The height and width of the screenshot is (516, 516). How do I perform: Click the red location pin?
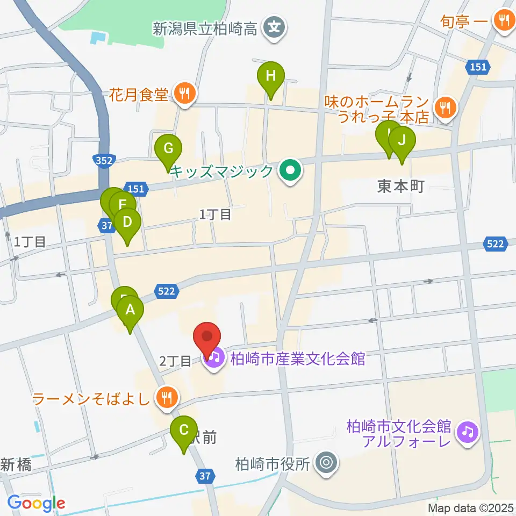(x=207, y=339)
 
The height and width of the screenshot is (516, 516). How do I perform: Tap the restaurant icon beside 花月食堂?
(x=184, y=95)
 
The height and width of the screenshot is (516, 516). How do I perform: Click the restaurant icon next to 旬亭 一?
(x=503, y=22)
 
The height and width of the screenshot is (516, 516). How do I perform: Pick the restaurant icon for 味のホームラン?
(x=445, y=108)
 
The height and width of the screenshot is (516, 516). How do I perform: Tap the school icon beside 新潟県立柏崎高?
(x=275, y=25)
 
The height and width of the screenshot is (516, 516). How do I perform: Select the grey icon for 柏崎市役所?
(x=325, y=463)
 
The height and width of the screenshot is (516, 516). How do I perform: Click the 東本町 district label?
(x=401, y=187)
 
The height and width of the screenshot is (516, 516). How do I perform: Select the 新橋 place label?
(x=16, y=465)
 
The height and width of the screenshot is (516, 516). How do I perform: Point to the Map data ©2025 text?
(x=471, y=508)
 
